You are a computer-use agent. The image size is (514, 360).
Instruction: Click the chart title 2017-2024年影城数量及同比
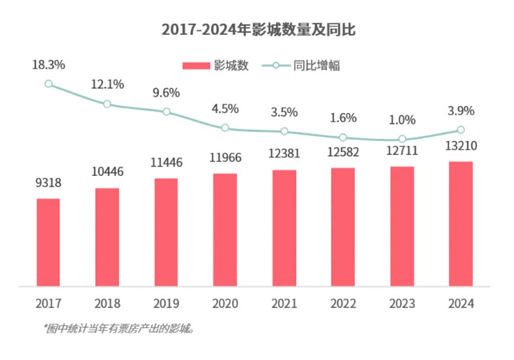click(x=257, y=30)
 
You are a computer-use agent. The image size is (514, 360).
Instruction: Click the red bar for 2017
click(x=48, y=242)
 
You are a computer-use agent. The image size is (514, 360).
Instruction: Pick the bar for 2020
click(x=225, y=230)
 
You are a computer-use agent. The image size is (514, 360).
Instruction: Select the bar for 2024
click(x=461, y=224)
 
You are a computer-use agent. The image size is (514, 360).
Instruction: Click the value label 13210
click(x=461, y=146)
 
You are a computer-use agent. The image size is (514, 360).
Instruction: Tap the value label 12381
click(x=283, y=154)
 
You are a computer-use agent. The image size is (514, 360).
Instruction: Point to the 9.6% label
click(x=166, y=92)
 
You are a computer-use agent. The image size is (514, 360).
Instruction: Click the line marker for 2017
click(x=48, y=84)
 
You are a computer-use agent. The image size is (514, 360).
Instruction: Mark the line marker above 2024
click(x=461, y=130)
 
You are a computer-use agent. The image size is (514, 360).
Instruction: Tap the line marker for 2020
click(x=225, y=128)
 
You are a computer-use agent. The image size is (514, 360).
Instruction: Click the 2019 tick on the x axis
click(x=166, y=302)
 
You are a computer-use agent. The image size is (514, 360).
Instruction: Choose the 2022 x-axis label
click(x=343, y=302)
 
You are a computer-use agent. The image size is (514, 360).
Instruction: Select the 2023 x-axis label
click(x=402, y=302)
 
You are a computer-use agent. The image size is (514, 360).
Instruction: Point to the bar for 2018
click(x=107, y=237)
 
